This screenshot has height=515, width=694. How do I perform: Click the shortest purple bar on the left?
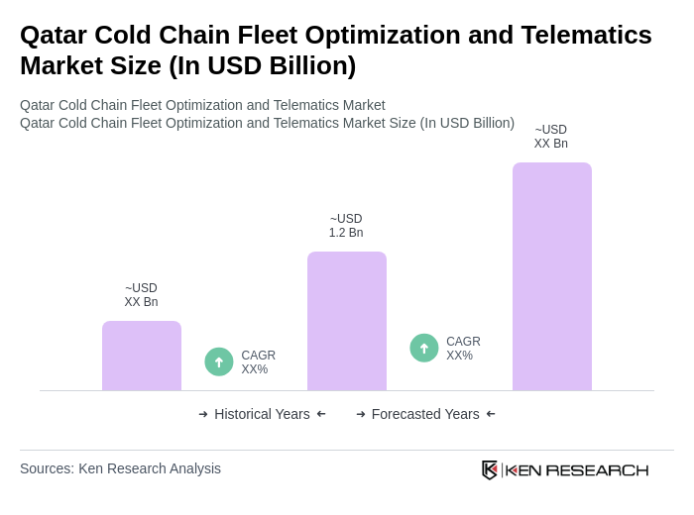pos(142,356)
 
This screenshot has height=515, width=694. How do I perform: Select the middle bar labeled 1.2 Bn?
pos(346,321)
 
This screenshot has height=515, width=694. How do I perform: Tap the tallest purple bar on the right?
pos(551,276)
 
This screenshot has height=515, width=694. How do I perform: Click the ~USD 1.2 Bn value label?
pos(346,226)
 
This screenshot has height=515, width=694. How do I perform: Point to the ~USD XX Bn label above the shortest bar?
pos(141,295)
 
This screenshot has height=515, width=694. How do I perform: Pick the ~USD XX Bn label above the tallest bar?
pos(551,137)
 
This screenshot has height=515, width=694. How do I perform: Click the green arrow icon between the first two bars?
pos(219,361)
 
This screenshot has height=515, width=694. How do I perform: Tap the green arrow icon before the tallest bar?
pos(424,348)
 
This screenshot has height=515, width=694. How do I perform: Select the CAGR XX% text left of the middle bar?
pos(258,362)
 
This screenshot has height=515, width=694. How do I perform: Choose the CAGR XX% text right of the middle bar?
pos(463,349)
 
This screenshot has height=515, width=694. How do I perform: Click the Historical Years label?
pos(262,414)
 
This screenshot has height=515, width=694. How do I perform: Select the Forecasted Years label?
pos(425,414)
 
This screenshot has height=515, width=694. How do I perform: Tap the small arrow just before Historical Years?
pos(203,414)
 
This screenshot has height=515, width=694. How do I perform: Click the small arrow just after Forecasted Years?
pos(491,414)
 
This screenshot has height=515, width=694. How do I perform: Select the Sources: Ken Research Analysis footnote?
pos(120,468)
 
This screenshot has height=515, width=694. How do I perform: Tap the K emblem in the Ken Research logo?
pos(490,469)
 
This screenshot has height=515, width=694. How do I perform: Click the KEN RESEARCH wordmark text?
pos(577,469)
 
